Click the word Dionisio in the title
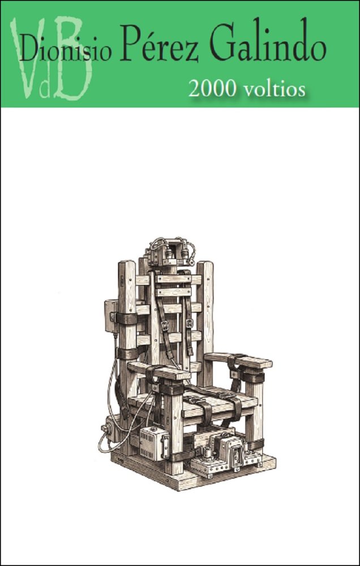(x=65, y=50)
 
